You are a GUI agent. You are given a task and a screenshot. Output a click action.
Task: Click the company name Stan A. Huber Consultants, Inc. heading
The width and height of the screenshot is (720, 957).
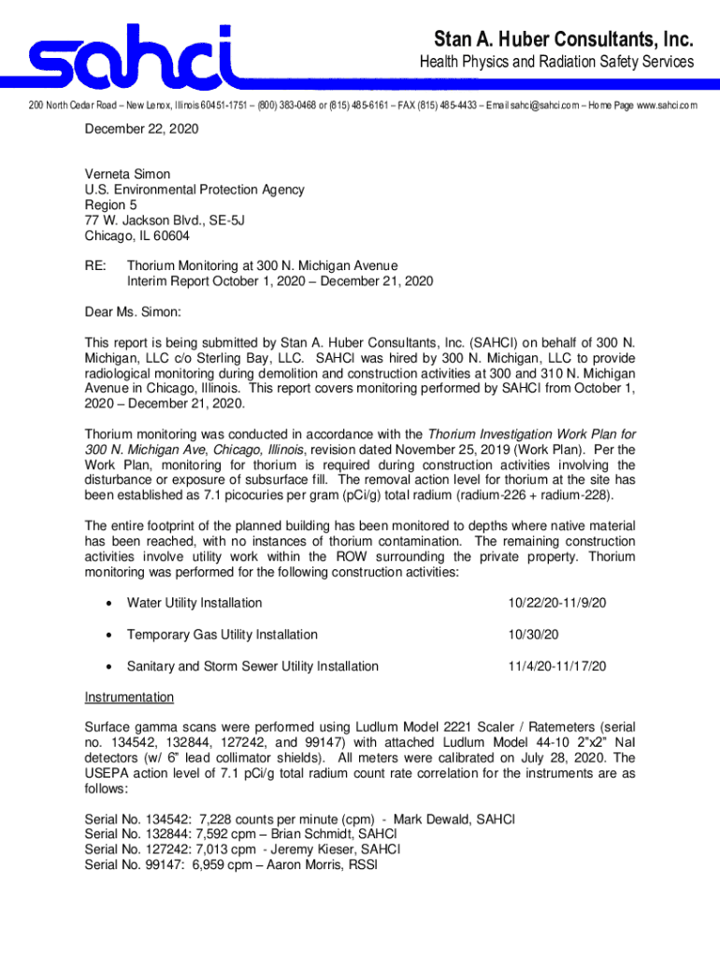click(x=564, y=39)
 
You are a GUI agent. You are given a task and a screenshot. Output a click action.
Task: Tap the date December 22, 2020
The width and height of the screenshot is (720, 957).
click(x=141, y=129)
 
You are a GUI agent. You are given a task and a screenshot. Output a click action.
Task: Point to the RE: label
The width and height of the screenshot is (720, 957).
click(x=95, y=266)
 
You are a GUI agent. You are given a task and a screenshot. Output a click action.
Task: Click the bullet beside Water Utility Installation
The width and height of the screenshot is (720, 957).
click(x=108, y=604)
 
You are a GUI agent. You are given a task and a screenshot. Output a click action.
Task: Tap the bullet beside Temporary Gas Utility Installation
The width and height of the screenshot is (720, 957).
click(x=108, y=636)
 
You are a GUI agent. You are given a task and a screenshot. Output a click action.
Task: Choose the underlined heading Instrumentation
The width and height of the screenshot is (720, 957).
click(x=129, y=697)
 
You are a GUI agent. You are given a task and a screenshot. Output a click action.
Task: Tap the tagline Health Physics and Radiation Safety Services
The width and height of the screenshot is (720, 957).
click(x=555, y=63)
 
